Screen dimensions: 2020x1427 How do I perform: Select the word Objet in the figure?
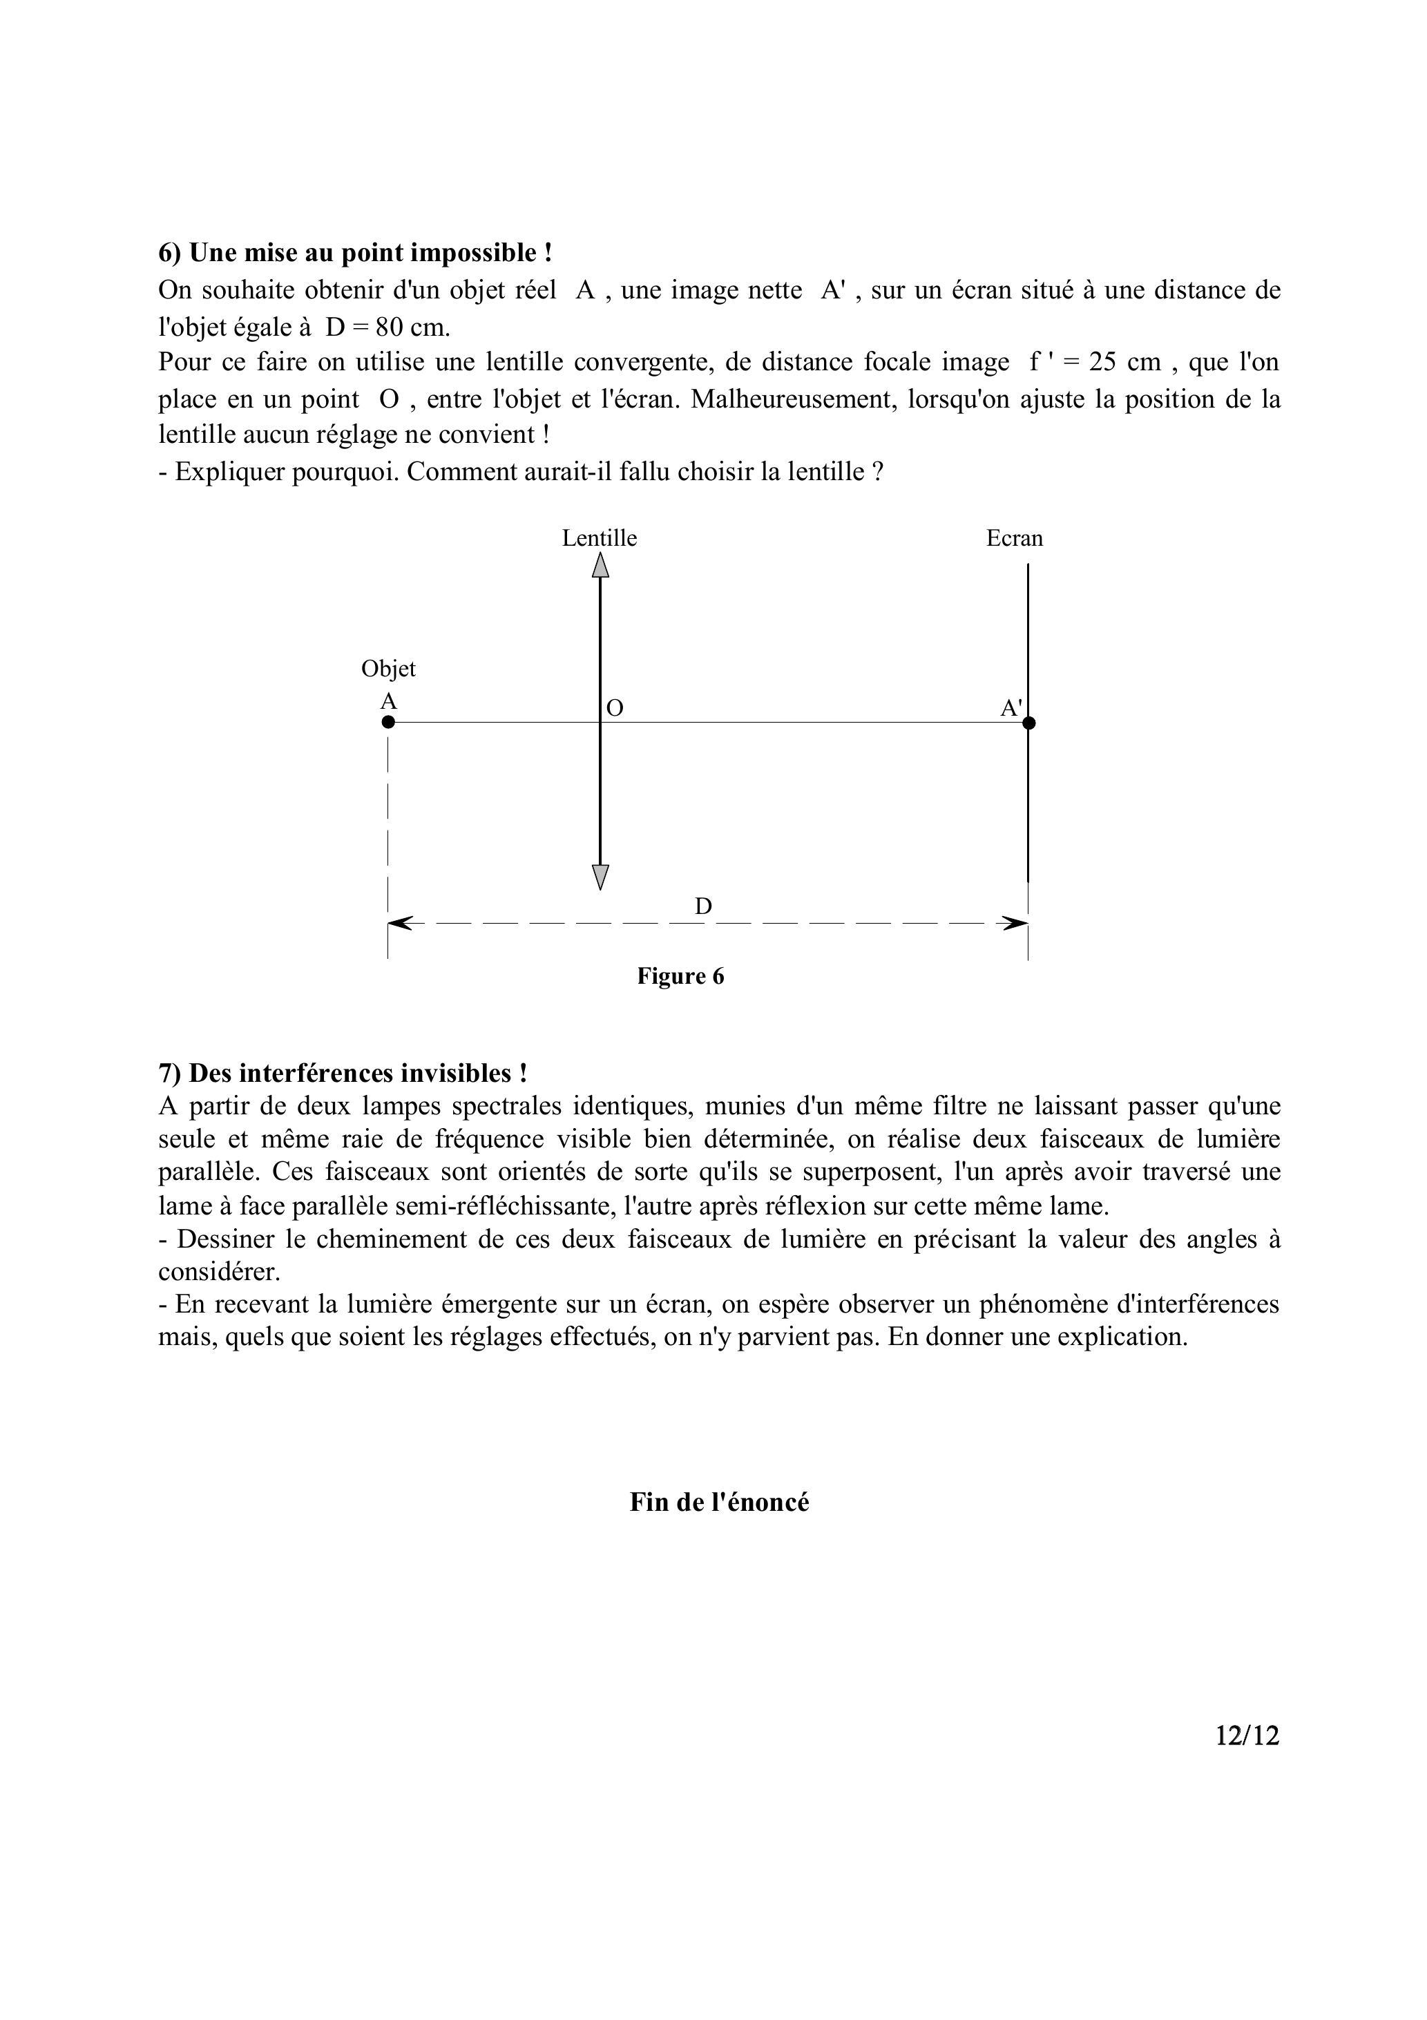[388, 669]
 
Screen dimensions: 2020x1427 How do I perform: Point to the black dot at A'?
[1029, 723]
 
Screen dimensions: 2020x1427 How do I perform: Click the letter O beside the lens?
[615, 708]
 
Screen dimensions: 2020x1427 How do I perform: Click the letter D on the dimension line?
[703, 906]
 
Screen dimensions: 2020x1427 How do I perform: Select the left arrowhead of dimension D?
[398, 923]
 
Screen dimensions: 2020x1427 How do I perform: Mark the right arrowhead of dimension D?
[1018, 923]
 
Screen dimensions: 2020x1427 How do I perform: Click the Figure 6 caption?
[680, 977]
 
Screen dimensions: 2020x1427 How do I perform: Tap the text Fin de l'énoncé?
[719, 1502]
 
